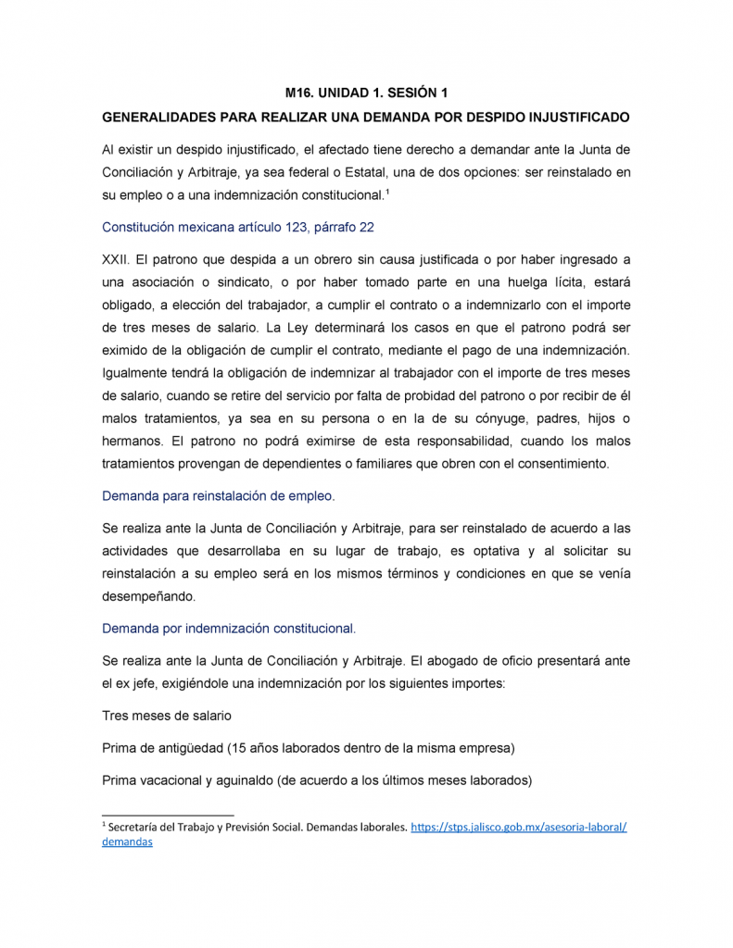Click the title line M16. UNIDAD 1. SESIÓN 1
tap(366, 94)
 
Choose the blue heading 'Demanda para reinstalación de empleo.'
tap(218, 496)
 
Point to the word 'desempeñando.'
tap(148, 597)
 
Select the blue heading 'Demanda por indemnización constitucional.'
tap(229, 629)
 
